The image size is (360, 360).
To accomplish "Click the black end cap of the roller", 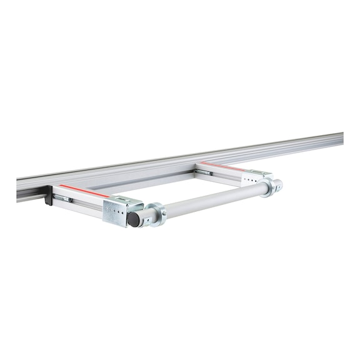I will (133, 219).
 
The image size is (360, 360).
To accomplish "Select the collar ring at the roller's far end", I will (268, 186).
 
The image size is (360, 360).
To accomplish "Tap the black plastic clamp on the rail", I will (47, 199).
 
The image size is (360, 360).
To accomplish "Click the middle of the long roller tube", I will (212, 200).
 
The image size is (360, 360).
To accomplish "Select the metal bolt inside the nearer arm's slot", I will (65, 199).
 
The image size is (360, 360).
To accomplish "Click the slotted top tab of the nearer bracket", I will (129, 199).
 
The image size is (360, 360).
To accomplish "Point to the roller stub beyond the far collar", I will (277, 184).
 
